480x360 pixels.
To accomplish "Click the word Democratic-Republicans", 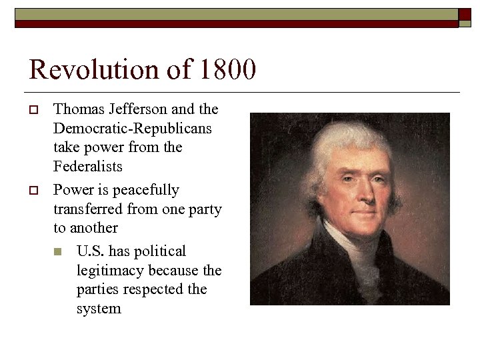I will coord(133,128).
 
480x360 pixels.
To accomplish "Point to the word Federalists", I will coord(88,166).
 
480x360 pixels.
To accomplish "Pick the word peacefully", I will coord(145,190).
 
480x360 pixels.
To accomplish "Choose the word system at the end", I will coord(99,309).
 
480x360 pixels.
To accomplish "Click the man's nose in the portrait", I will coord(353,193).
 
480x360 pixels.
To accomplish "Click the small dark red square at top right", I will coord(465,15).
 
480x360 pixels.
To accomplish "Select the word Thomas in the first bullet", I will coord(75,109).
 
